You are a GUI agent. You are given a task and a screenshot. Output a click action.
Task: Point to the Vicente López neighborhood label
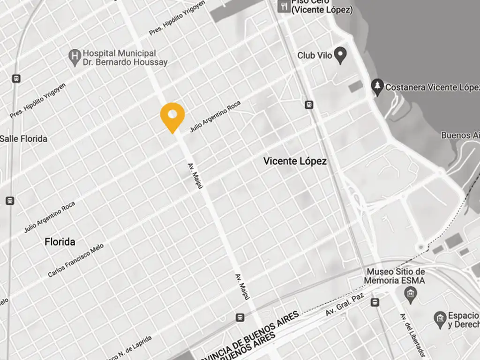tap(295, 161)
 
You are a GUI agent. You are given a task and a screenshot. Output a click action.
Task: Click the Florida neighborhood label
tap(60, 242)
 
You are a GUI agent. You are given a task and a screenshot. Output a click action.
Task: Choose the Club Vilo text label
tap(315, 55)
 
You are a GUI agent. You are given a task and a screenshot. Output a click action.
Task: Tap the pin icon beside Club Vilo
tap(341, 56)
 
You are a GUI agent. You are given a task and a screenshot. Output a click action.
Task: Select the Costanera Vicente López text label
tap(432, 87)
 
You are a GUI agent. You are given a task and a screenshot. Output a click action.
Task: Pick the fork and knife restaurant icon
tap(283, 7)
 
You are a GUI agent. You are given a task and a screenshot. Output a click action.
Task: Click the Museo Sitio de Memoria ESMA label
tap(396, 276)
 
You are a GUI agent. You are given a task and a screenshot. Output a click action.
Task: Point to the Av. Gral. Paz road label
tap(345, 305)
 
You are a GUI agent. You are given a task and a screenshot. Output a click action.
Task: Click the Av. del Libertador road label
tap(412, 335)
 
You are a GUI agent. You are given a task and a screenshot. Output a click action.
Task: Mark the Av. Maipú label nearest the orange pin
tap(195, 176)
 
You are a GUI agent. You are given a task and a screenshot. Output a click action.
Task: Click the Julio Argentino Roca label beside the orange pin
tap(215, 117)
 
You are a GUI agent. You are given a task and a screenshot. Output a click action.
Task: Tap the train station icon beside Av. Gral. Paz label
tap(375, 302)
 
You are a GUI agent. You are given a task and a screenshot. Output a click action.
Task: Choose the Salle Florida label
tap(23, 139)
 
